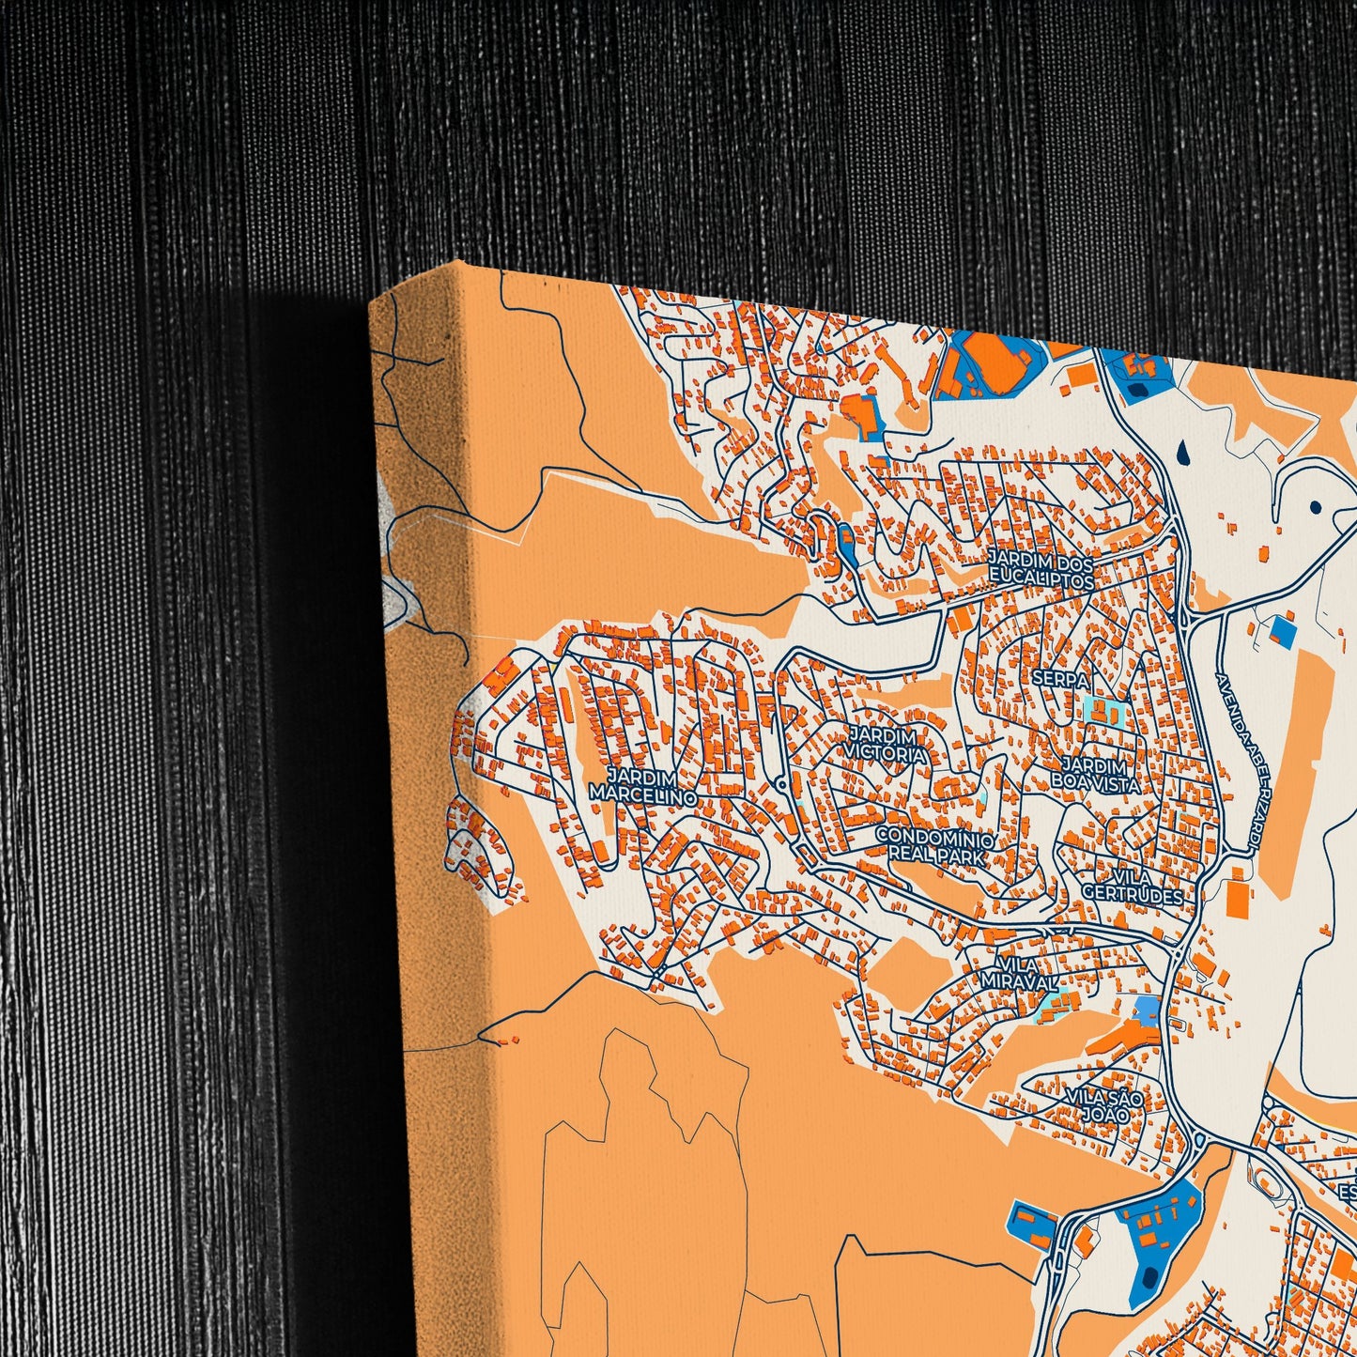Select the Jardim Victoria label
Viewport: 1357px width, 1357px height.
coord(887,744)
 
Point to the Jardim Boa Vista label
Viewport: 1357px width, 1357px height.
coord(1095,776)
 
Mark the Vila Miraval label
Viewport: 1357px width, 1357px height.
coord(1019,973)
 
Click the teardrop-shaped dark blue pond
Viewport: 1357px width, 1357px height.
coord(1188,453)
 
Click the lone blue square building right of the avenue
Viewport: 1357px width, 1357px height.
coord(1281,630)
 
